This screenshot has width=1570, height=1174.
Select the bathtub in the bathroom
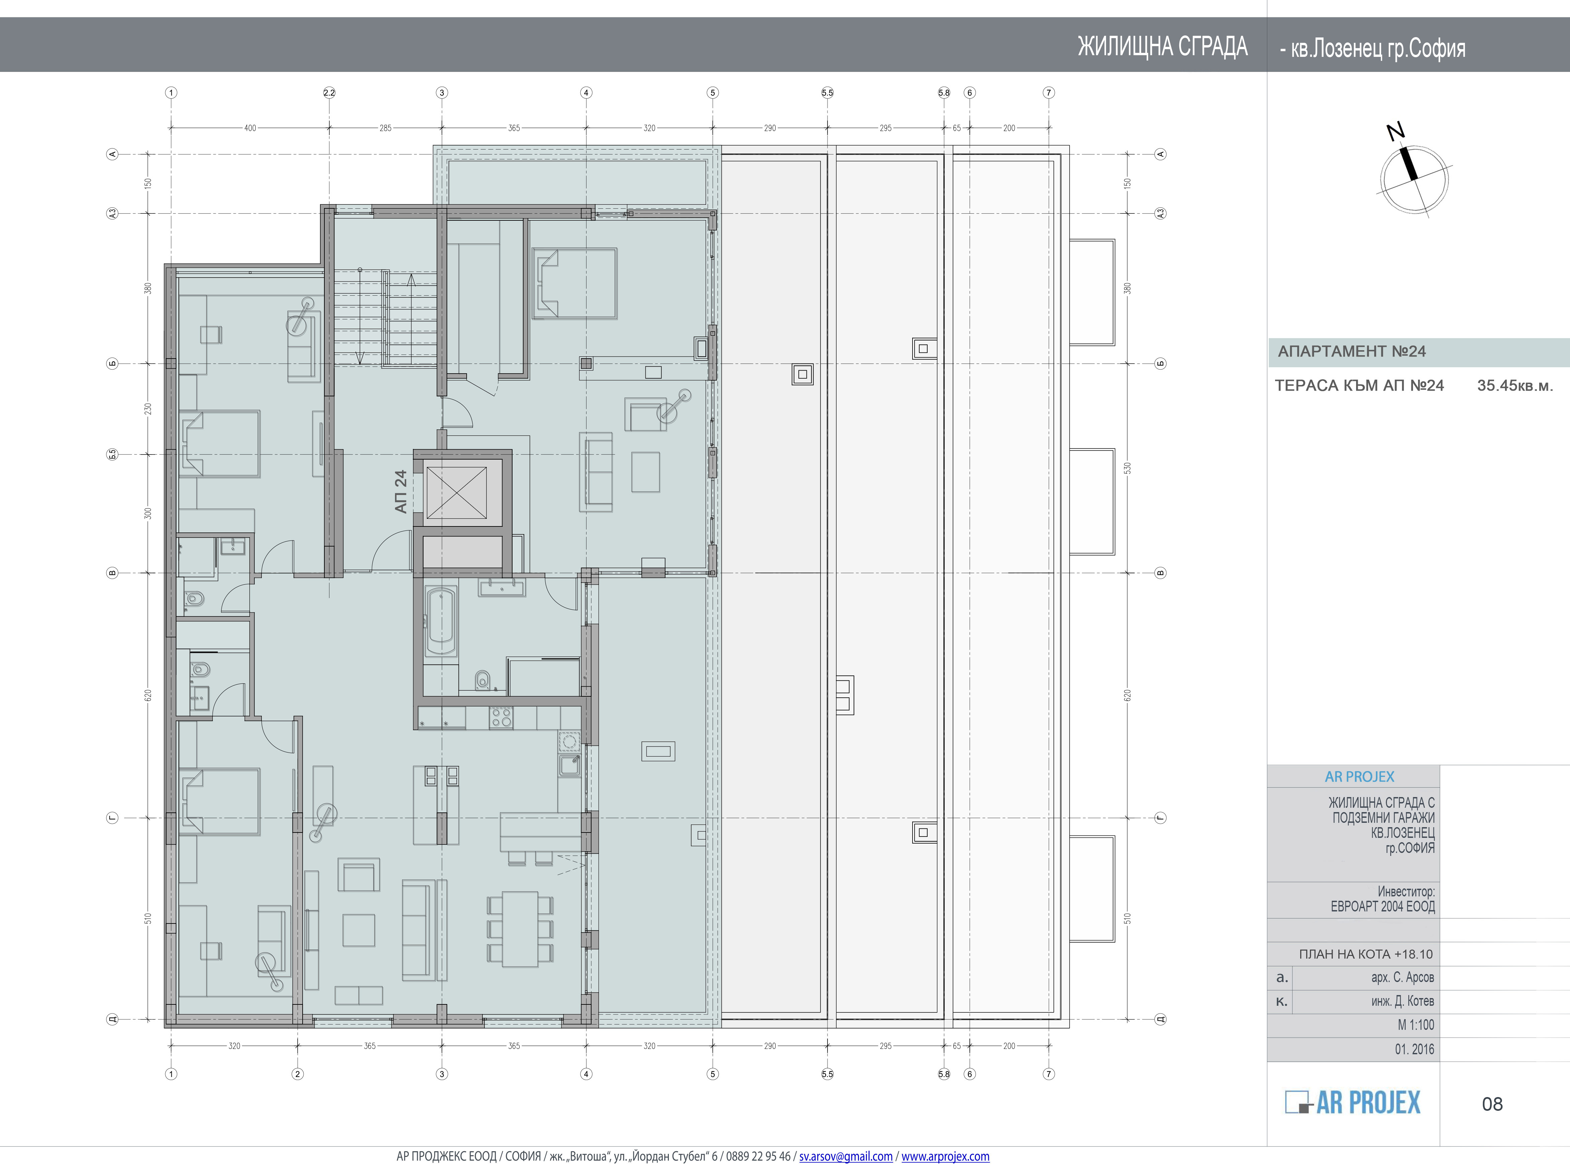440,623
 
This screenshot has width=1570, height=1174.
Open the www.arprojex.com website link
945,1156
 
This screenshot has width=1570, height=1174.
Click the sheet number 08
1492,1104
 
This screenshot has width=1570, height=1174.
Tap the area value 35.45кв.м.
1515,386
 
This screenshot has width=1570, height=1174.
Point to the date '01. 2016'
1414,1049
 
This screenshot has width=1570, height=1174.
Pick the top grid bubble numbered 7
1049,93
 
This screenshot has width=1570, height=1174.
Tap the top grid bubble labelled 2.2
329,93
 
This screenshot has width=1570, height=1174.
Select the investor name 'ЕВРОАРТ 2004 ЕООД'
1383,906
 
